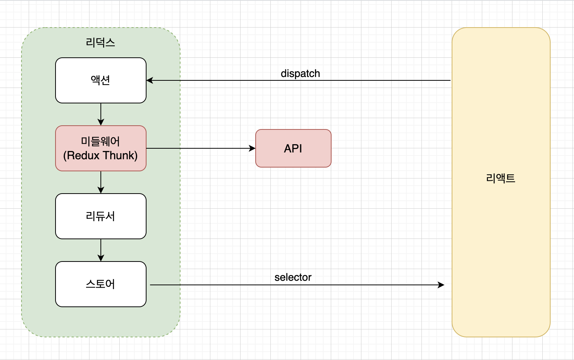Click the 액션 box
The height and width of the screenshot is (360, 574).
click(x=101, y=80)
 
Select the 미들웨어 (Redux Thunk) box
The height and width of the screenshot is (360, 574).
click(x=101, y=148)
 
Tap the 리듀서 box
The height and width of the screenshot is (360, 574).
click(x=101, y=216)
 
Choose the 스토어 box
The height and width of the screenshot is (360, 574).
click(x=101, y=284)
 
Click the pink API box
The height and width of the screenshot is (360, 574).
click(x=293, y=148)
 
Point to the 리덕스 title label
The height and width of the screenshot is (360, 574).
click(x=100, y=43)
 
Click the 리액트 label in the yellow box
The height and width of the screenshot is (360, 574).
click(x=500, y=178)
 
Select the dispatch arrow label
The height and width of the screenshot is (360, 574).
click(x=300, y=74)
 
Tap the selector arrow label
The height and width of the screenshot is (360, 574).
click(x=293, y=277)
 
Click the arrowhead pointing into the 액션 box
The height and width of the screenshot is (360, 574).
click(x=150, y=80)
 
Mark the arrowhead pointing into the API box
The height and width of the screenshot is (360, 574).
click(x=252, y=148)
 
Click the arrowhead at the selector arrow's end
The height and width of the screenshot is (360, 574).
click(x=441, y=285)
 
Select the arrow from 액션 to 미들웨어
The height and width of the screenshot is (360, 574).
click(x=101, y=114)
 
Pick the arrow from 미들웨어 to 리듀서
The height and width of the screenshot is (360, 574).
click(x=101, y=182)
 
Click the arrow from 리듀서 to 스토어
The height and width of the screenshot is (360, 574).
click(x=101, y=250)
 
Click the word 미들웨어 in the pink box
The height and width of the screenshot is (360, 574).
click(x=100, y=142)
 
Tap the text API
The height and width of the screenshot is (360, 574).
click(x=293, y=149)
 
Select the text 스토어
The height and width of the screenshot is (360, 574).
click(x=100, y=284)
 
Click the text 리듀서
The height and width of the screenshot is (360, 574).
click(x=100, y=216)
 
